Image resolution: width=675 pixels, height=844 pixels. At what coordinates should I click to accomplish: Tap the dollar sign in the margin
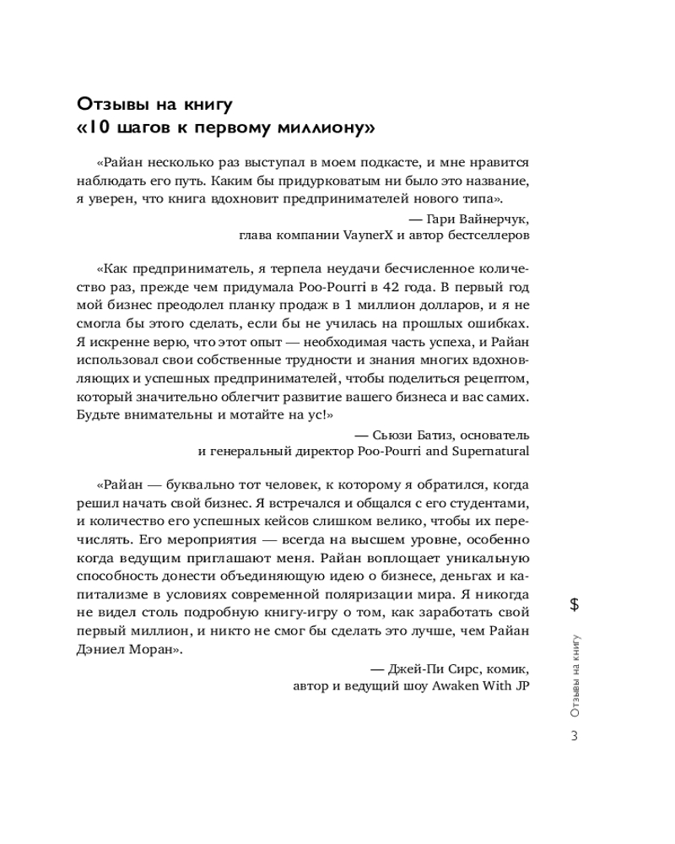[x=574, y=603]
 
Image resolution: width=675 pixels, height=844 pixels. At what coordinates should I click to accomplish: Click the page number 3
[x=574, y=735]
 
